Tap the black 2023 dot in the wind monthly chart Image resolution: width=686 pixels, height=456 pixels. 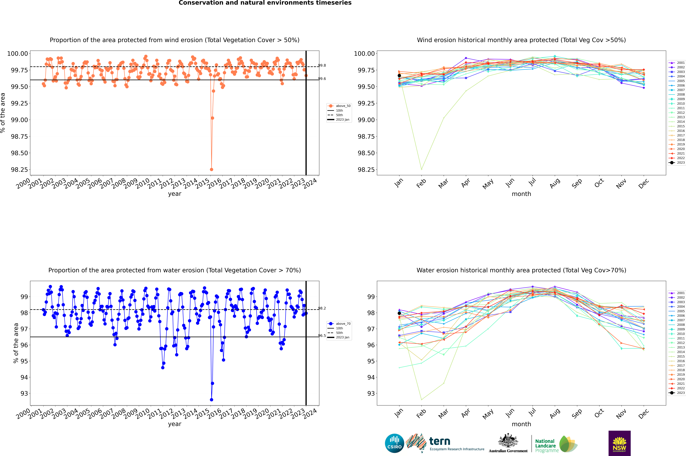tap(399, 76)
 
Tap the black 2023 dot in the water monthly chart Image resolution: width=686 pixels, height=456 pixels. tap(399, 313)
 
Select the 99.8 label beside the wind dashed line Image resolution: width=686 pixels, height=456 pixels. tap(322, 65)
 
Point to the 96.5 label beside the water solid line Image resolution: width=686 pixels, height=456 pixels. tap(322, 336)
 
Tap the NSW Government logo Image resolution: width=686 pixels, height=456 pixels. tap(619, 443)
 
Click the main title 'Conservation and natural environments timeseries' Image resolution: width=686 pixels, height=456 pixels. tap(265, 3)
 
